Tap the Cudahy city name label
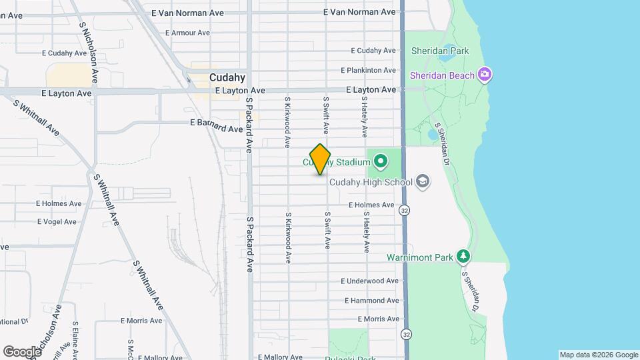[x=227, y=77]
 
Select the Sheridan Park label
[x=440, y=51]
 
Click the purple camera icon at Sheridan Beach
[x=486, y=75]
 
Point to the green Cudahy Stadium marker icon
[x=381, y=161]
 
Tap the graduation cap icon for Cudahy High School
[x=422, y=181]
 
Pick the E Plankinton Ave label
[x=369, y=70]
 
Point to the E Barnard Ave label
[x=216, y=123]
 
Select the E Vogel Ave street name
[x=59, y=221]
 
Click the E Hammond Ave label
[x=369, y=301]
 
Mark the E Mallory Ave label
[x=281, y=357]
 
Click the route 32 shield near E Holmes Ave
[x=405, y=210]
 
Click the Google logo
[x=22, y=351]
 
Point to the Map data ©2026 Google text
[x=598, y=355]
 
